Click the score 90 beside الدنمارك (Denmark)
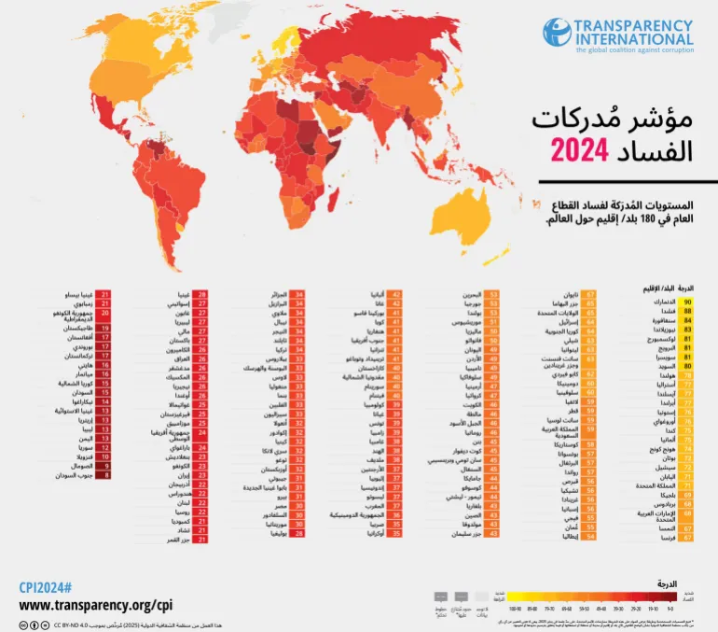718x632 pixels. (688, 303)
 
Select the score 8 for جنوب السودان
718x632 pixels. (105, 475)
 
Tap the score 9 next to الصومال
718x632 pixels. (105, 465)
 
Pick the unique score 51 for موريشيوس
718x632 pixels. (493, 321)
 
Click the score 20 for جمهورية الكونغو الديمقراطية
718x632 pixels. (105, 315)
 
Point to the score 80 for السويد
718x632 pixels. (688, 366)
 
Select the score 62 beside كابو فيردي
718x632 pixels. (591, 374)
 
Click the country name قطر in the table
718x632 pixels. (568, 410)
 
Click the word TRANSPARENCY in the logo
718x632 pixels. (634, 25)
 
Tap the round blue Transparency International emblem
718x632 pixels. (557, 34)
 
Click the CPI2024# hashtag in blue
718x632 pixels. (46, 587)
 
